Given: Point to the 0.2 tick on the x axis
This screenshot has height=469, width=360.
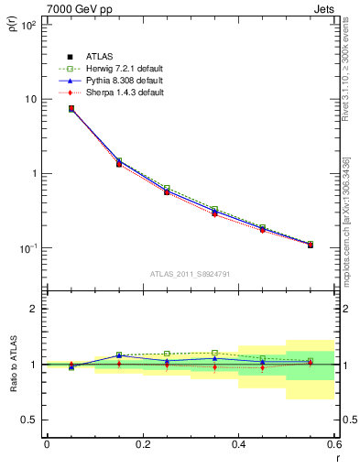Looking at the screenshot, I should coord(142,444).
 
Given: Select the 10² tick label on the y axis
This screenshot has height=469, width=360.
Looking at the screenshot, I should coord(27,25).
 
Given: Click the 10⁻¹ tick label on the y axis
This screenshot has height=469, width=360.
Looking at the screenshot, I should coord(27,248).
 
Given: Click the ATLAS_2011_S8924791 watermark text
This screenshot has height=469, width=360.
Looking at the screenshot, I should coord(190,273).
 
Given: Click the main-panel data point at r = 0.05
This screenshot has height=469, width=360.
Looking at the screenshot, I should coord(71,109).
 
